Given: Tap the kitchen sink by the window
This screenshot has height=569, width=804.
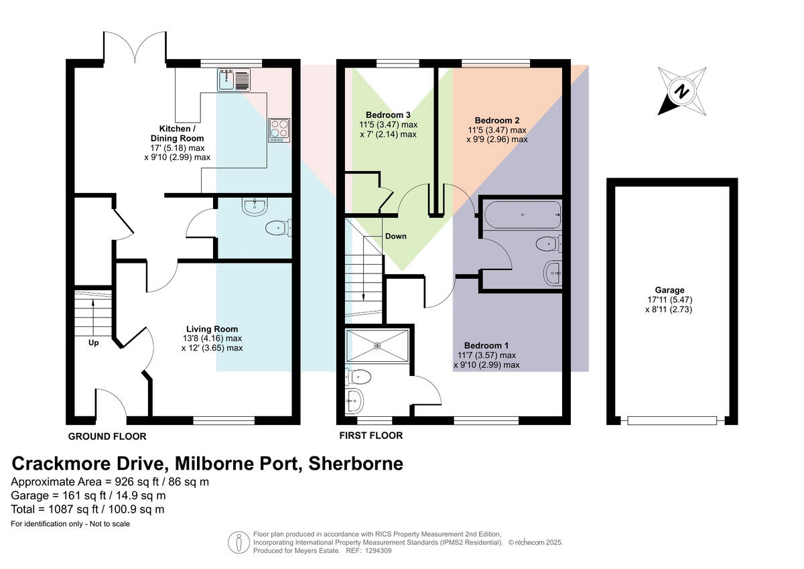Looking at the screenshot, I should [233, 80].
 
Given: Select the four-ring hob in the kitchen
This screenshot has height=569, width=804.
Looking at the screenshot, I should [279, 129].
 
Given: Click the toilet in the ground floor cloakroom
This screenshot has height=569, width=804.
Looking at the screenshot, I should [277, 229].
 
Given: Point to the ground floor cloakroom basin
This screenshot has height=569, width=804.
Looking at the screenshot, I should [255, 206].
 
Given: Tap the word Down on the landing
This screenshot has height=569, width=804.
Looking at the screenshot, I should [395, 236].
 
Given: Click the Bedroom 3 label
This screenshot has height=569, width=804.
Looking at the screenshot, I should [388, 115].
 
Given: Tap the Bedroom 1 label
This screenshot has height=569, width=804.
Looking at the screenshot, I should [486, 345].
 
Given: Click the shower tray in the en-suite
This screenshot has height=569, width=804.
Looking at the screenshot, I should [377, 346].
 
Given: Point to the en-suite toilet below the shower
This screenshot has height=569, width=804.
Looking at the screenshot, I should [354, 377].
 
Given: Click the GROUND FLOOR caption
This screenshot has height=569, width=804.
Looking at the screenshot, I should [107, 436].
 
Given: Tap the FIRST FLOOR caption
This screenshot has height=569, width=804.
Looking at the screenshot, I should [371, 436].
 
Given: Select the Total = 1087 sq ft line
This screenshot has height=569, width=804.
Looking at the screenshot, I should [88, 509].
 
